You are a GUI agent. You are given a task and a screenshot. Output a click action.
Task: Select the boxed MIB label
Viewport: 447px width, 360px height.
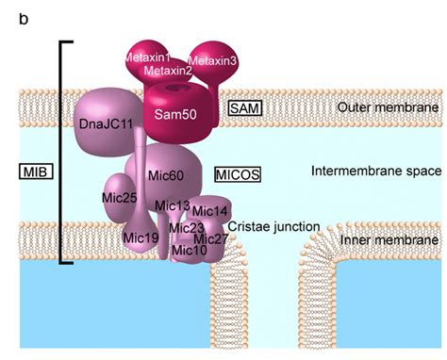coord(36,172)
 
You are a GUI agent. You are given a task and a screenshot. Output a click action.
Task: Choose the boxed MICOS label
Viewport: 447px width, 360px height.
coord(237,174)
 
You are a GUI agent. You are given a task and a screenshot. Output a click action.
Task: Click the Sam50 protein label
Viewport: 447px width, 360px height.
coord(174,114)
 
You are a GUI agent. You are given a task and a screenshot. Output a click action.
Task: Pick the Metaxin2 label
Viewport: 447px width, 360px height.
coord(170,70)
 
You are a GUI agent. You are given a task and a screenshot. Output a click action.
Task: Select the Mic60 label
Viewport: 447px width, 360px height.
coord(166,174)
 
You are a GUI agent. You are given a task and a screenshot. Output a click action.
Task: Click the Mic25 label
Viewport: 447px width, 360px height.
coord(119,197)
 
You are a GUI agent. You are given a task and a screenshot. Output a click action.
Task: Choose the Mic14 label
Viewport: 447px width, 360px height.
coord(210,210)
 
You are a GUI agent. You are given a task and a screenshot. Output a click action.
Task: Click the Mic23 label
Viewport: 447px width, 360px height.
coord(187,226)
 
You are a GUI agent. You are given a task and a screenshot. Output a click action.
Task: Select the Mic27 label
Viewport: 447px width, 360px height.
coord(212,238)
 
